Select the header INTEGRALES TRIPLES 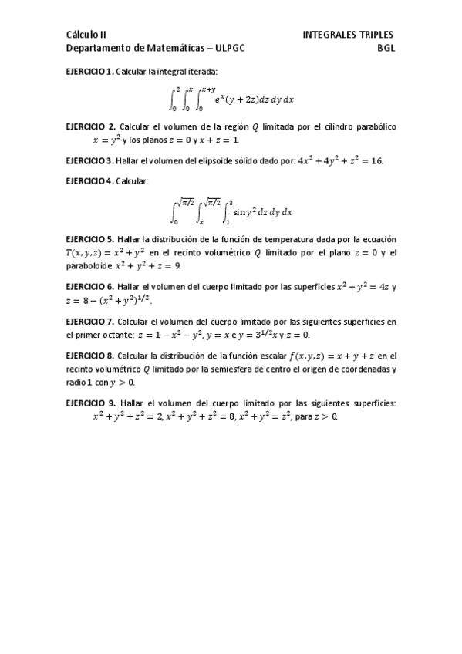point(348,35)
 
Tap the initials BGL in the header point(386,47)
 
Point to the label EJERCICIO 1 point(89,71)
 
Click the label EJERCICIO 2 point(90,126)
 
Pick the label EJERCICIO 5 point(90,241)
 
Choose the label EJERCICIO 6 point(90,286)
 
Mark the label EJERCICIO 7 point(90,322)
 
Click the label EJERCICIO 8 point(90,356)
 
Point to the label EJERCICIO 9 point(90,403)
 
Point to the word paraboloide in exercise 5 point(88,266)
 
